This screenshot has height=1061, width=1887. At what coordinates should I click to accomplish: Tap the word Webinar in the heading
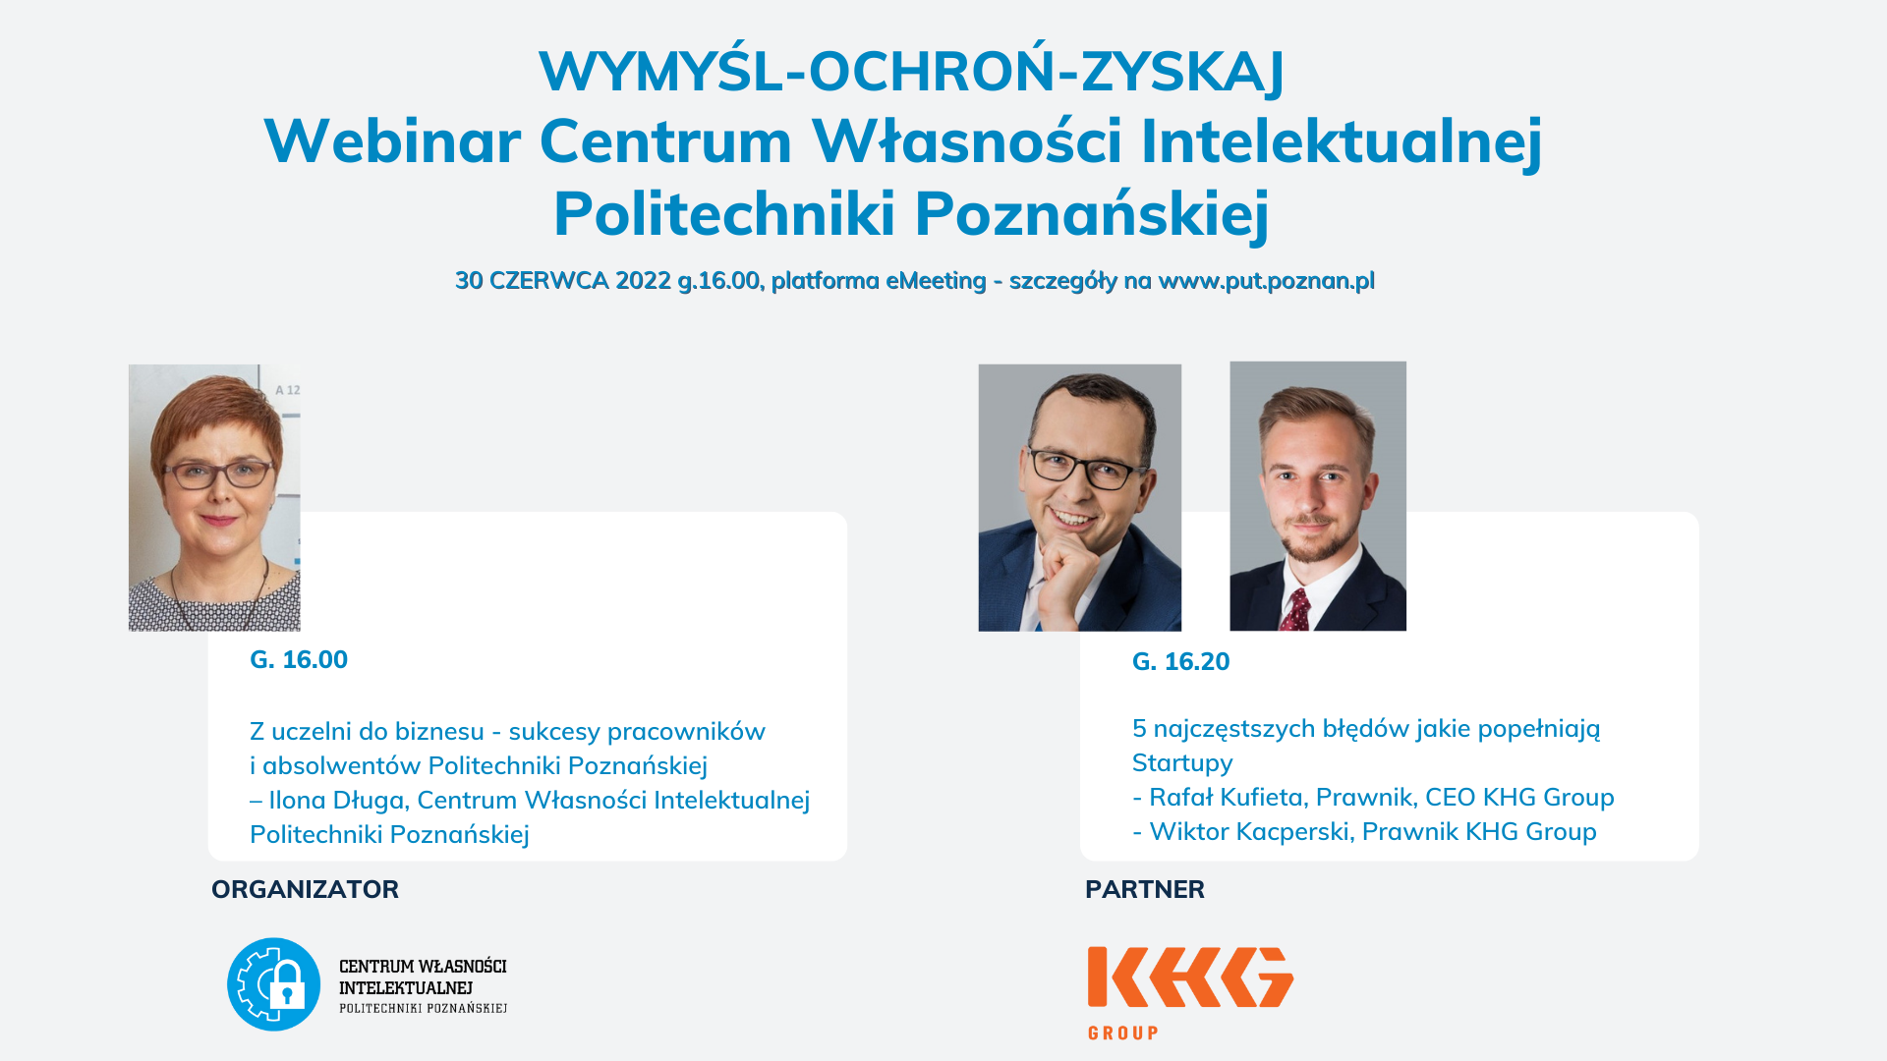point(392,140)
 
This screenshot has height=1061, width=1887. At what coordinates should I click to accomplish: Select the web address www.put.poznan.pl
point(1266,282)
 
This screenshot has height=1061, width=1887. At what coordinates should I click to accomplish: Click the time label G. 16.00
point(299,659)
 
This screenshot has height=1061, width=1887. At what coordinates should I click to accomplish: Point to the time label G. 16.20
point(1180,661)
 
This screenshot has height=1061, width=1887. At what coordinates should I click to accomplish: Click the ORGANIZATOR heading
point(305,889)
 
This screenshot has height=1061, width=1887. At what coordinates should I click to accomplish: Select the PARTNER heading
point(1145,889)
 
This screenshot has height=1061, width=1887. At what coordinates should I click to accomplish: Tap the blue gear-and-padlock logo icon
point(274,984)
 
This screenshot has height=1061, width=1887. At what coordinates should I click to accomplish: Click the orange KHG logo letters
point(1190,977)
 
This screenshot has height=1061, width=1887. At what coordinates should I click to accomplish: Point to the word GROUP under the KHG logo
point(1123,1033)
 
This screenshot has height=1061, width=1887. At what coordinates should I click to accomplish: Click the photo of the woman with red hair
point(214,498)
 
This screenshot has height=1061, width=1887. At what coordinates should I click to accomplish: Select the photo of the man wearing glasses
point(1080,498)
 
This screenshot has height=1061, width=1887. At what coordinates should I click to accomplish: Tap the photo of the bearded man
point(1318,496)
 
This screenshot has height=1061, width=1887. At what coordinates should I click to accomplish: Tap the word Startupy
point(1182,763)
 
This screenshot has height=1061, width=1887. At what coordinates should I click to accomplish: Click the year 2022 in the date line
point(643,281)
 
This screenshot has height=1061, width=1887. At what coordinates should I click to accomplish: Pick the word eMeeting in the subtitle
point(936,281)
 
